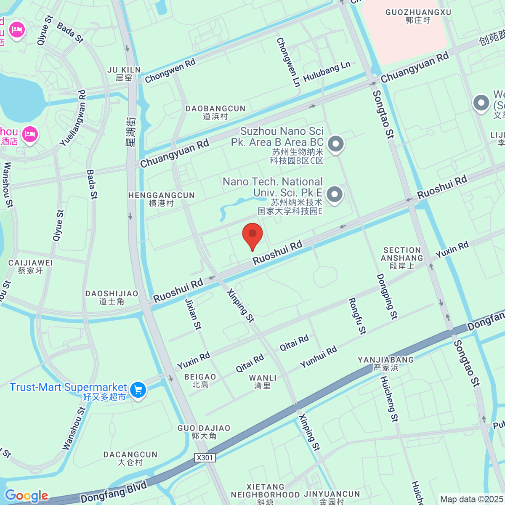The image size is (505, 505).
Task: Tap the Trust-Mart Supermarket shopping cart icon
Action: (x=138, y=390)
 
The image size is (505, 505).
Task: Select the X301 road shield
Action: (x=205, y=457)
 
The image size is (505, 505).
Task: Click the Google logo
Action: (x=27, y=496)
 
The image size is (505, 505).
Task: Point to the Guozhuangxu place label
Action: (x=418, y=16)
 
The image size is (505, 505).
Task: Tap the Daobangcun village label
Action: (x=215, y=112)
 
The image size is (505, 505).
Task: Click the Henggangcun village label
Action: (x=162, y=199)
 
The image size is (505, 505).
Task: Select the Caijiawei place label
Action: (x=31, y=267)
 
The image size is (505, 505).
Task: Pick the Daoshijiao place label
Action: (x=112, y=297)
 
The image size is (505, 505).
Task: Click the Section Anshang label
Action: (x=402, y=258)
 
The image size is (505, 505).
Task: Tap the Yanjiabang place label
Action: (x=386, y=364)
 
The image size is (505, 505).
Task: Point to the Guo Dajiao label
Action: (x=204, y=432)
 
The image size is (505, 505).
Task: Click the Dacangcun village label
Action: (x=130, y=458)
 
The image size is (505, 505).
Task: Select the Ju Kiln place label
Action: (x=124, y=74)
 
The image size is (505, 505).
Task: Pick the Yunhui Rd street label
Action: (x=319, y=356)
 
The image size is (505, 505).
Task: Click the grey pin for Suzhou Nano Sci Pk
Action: (x=335, y=144)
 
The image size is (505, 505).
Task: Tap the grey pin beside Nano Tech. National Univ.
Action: (x=335, y=195)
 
